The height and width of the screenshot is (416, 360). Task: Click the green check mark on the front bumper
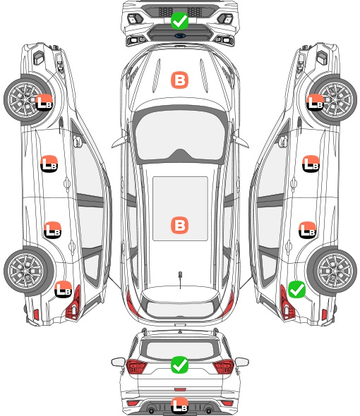pos(179,20)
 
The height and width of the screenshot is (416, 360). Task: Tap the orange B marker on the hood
pos(179,80)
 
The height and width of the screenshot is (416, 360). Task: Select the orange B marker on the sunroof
pos(179,225)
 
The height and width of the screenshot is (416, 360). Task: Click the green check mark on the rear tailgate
pos(179,365)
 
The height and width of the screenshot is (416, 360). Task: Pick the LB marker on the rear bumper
pos(179,405)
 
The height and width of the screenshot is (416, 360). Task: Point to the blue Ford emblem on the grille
pos(179,35)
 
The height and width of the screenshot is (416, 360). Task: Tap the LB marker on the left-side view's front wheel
pos(44,102)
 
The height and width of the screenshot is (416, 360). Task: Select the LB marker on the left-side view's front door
pos(49,164)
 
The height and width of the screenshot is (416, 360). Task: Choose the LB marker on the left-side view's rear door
pos(52,230)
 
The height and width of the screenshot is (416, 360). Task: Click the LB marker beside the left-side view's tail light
pos(63,289)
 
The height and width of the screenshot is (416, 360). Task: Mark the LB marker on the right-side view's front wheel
pos(315,102)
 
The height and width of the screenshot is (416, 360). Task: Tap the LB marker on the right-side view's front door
pos(311,164)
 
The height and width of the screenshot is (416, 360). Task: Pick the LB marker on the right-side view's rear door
pos(307,230)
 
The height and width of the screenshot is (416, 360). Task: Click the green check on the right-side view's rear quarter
pos(296,289)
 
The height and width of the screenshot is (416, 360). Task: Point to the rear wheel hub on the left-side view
pos(25,271)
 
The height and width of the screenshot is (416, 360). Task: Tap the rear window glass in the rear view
pos(180,350)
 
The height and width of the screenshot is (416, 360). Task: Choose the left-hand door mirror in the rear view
pos(118,362)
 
